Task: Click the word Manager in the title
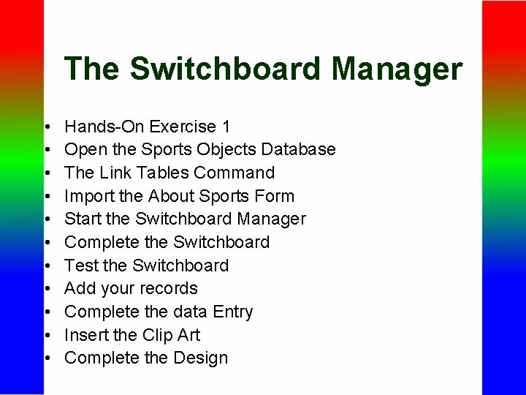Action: click(397, 69)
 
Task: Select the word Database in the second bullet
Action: click(298, 149)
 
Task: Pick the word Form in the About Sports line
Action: click(278, 196)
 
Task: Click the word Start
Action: click(83, 219)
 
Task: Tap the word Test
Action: click(81, 265)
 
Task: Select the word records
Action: click(170, 288)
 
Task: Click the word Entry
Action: click(233, 312)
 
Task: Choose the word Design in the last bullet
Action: click(201, 358)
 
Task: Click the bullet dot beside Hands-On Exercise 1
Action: click(46, 128)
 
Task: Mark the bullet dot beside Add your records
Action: click(46, 290)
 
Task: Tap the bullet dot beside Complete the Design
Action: click(46, 359)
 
